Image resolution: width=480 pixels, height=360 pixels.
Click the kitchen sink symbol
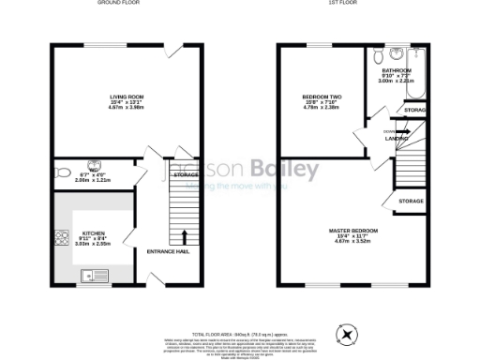pos(93,275)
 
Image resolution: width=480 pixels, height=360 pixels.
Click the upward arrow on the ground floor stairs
pos(184,236)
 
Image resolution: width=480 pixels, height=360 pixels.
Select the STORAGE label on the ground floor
pos(186,174)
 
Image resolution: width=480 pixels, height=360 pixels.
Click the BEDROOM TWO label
pos(321,97)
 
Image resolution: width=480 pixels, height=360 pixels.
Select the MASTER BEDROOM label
pos(352,231)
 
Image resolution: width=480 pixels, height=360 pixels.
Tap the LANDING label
pos(397,138)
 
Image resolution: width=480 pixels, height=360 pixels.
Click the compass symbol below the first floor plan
pos(349,333)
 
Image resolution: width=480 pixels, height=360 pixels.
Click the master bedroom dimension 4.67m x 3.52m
pos(352,242)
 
